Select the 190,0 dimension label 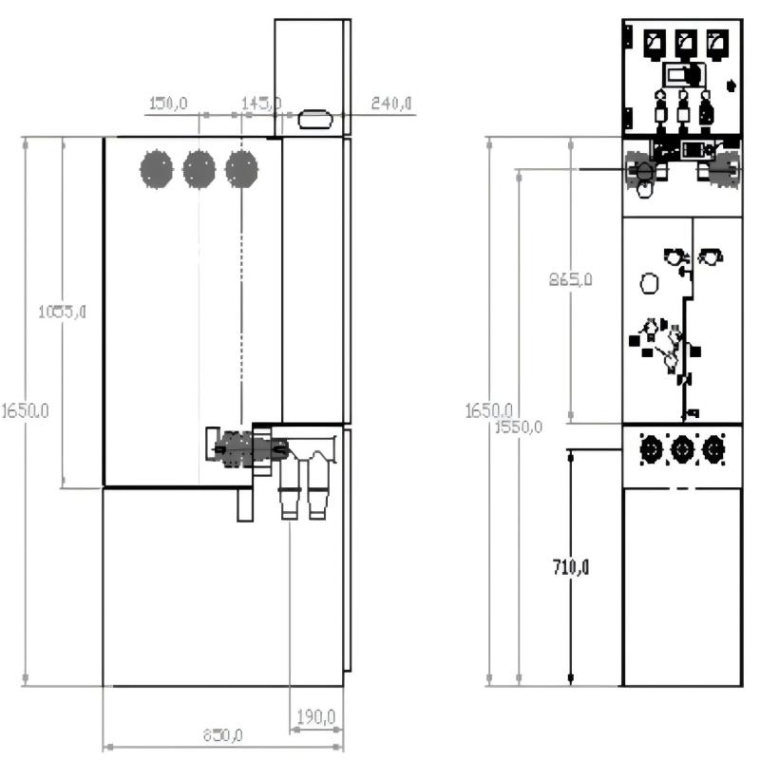pos(314,714)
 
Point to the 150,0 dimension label pos(168,103)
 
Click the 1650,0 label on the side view pos(26,410)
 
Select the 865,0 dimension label pos(571,279)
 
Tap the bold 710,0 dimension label pos(571,567)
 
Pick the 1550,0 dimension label pos(519,427)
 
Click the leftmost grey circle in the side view pos(157,169)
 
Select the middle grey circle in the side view pos(199,169)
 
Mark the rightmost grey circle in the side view pos(242,169)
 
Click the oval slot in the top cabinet pos(313,120)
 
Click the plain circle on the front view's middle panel pos(650,283)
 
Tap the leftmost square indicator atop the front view pos(654,42)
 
